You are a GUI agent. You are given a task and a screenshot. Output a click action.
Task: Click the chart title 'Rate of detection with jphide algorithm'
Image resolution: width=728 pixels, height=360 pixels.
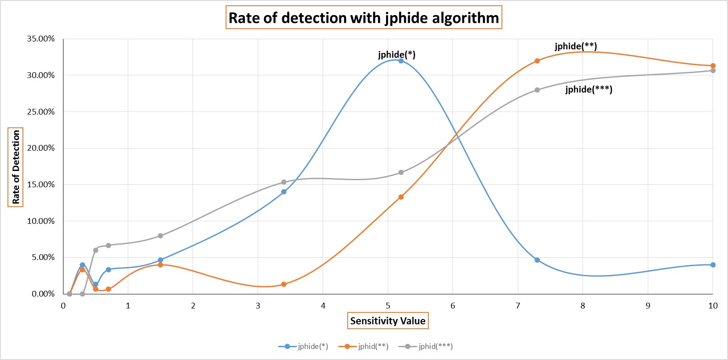pos(364,18)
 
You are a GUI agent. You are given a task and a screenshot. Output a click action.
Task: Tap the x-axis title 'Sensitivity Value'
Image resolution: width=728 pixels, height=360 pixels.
pos(388,321)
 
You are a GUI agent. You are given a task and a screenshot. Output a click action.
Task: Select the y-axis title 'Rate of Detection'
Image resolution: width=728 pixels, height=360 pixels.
pos(16,167)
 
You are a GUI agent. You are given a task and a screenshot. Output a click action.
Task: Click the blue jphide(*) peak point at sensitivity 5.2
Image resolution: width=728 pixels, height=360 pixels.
pos(401,61)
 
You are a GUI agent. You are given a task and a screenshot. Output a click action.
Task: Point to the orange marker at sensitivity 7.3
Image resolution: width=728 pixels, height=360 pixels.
pos(537,61)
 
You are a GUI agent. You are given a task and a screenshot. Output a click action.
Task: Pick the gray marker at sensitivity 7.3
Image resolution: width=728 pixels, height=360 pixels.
pos(537,90)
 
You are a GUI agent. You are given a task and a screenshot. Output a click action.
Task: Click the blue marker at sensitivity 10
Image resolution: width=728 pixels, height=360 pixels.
pos(713,265)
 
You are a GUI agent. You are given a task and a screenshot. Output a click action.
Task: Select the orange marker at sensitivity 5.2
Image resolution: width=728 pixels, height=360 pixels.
pos(401,197)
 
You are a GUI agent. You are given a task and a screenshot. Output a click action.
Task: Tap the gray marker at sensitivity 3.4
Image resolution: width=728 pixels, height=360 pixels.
pos(284,182)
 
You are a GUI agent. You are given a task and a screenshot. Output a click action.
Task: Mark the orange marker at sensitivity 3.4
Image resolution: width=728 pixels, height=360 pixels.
pos(284,284)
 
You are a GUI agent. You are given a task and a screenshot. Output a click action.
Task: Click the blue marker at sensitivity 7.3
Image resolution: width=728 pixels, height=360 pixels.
pos(537,260)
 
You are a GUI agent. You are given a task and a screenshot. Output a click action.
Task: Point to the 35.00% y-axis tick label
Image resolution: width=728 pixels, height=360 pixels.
pos(41,39)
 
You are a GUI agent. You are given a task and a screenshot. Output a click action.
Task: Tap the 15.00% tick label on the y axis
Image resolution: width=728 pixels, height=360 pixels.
pos(41,185)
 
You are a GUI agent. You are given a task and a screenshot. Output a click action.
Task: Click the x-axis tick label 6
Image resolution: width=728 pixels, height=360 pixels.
pos(453,306)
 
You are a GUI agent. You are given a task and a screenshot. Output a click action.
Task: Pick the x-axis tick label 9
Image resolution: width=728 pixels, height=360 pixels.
pos(648,306)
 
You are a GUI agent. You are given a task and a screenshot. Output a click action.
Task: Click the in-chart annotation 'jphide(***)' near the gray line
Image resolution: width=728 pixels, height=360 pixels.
pos(589,89)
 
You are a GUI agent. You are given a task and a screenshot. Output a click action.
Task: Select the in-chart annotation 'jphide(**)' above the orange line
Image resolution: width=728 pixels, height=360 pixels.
pos(576,46)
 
